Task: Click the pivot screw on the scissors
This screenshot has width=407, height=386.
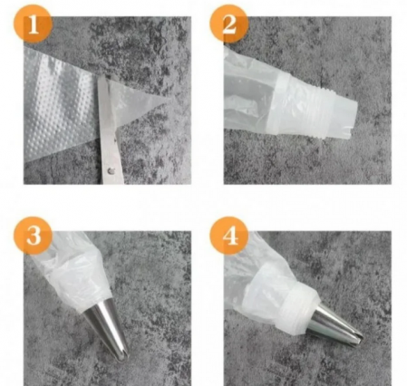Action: pyautogui.click(x=111, y=168)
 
